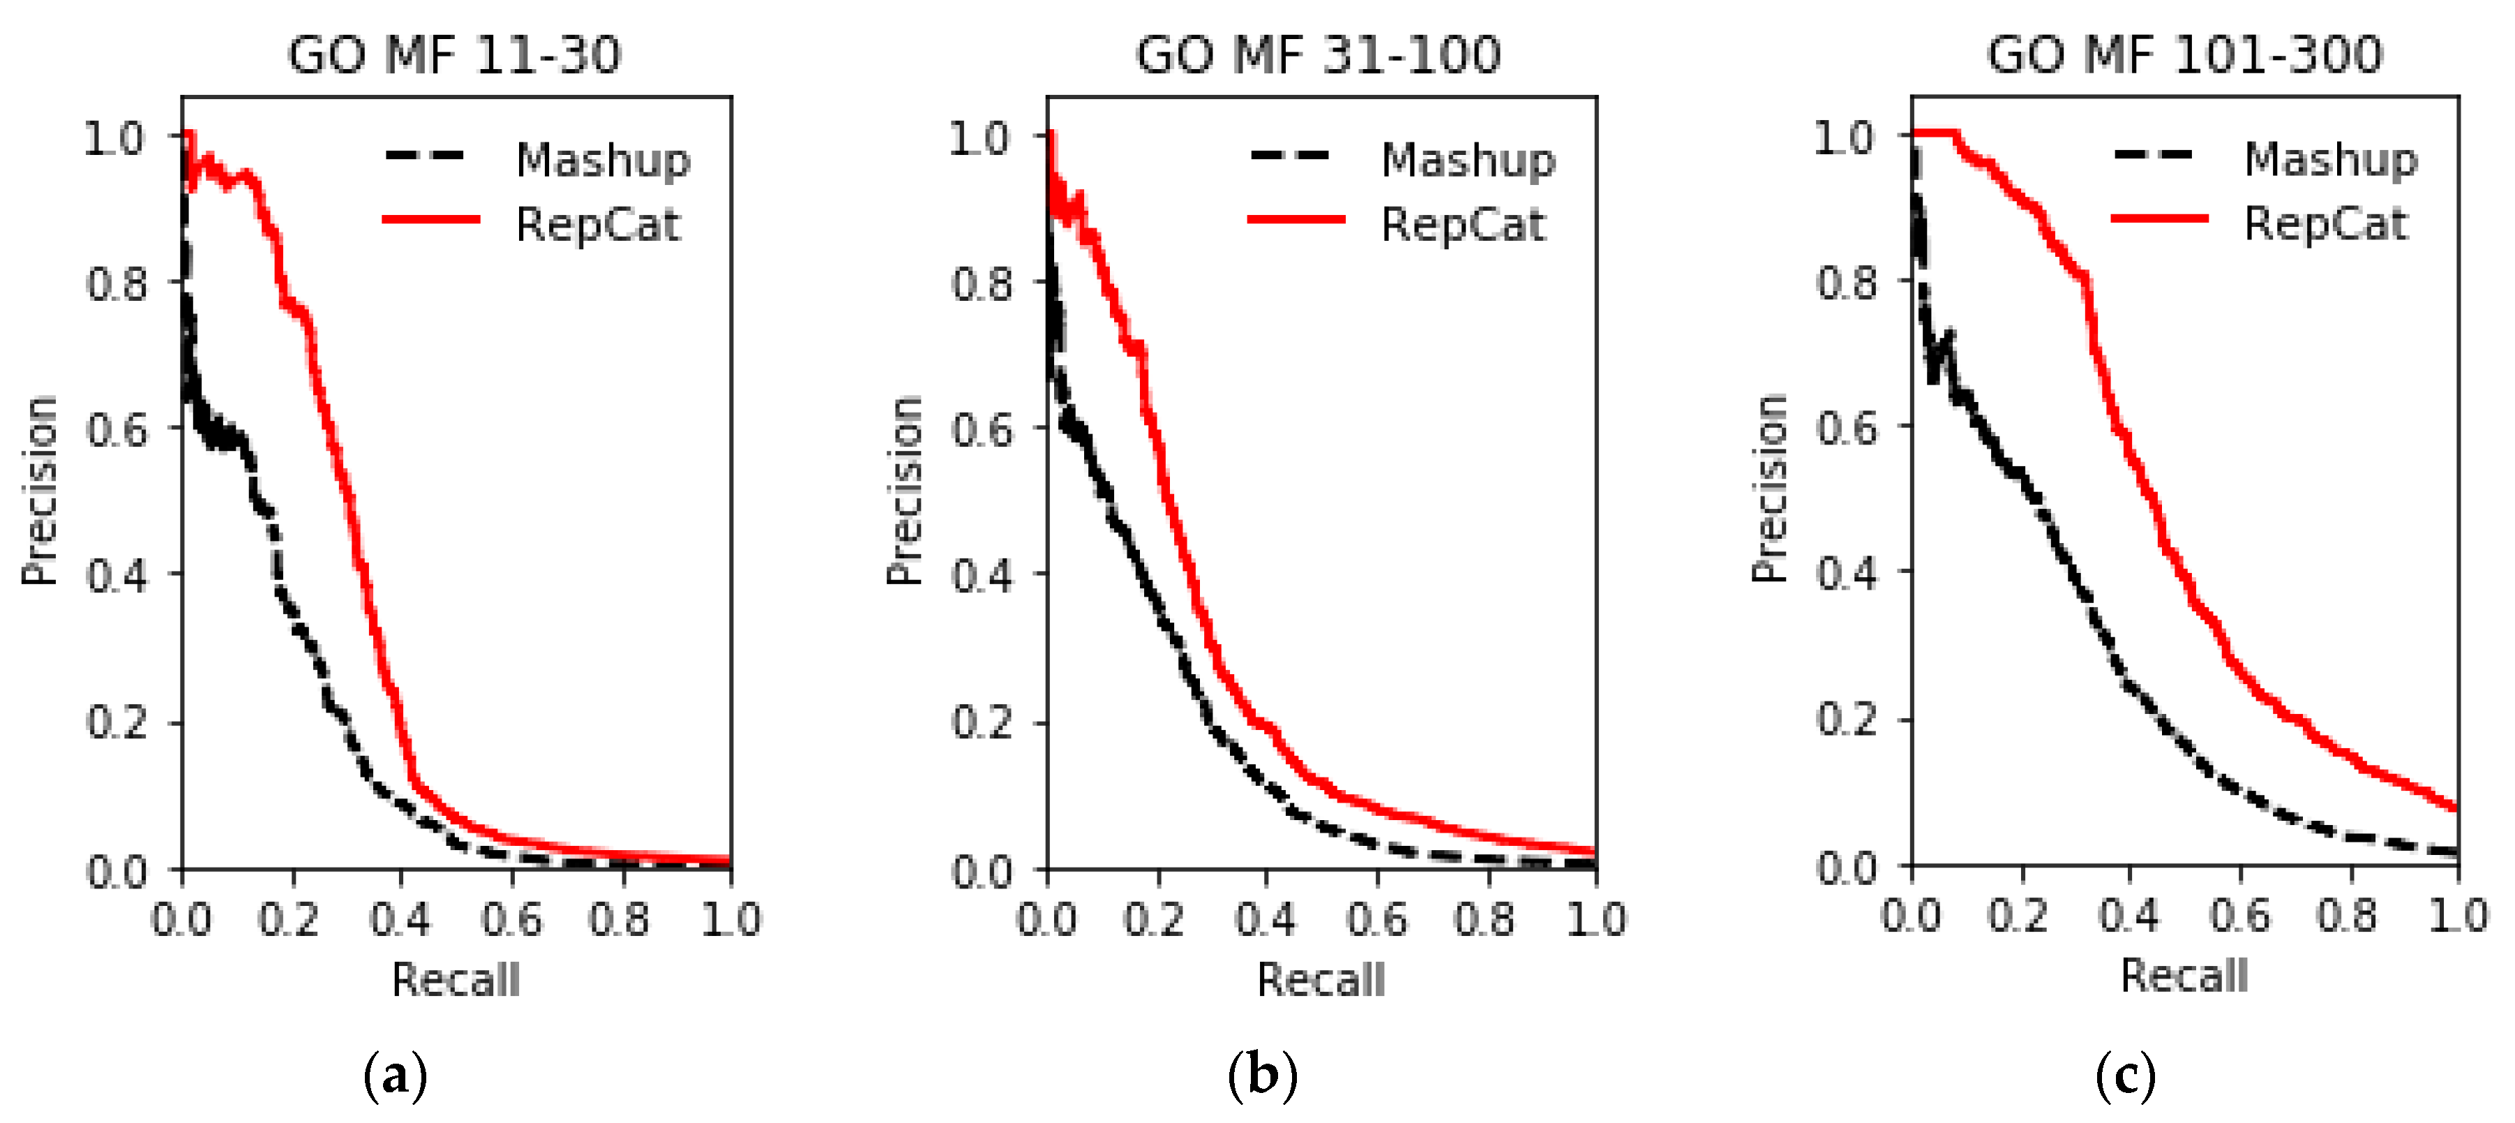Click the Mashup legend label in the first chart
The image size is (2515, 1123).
602,159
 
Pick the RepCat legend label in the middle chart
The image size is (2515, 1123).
1462,225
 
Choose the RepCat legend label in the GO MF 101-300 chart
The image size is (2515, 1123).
2326,223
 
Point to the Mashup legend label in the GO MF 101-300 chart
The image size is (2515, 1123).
2331,158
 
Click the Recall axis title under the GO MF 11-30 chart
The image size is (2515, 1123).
456,979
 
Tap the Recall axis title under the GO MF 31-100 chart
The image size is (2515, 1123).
1321,979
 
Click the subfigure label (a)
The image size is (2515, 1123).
396,1076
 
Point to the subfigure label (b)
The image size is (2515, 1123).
1262,1076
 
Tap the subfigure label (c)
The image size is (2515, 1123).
2126,1076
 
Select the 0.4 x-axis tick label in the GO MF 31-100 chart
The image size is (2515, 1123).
1266,919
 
